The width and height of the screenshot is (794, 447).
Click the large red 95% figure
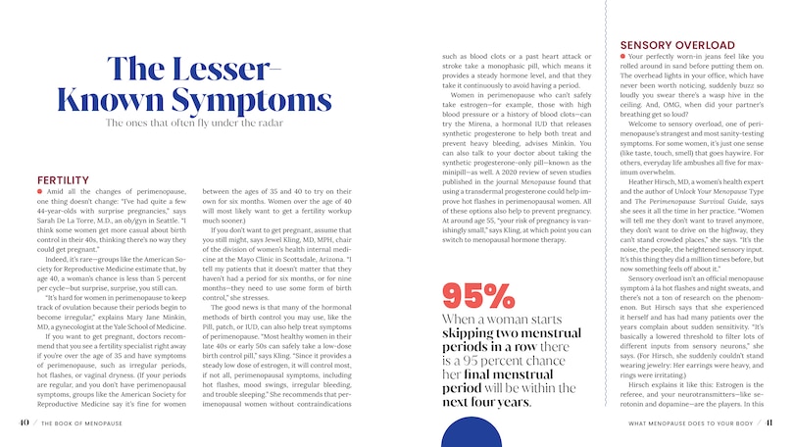tap(479, 294)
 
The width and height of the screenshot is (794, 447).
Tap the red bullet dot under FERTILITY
tap(38, 191)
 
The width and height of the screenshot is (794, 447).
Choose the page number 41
tap(770, 423)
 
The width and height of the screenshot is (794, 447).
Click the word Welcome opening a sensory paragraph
tap(646, 124)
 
